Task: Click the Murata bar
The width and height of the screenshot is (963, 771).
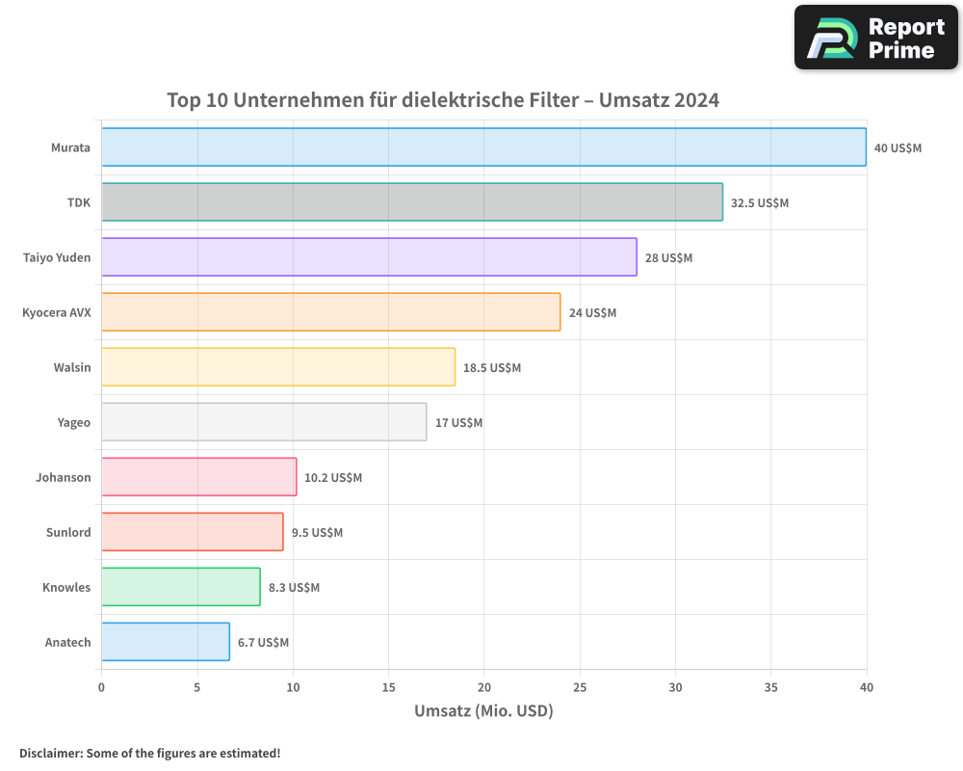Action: point(483,147)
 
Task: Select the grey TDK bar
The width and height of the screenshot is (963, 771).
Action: point(412,202)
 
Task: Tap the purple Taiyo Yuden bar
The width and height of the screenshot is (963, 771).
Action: point(369,257)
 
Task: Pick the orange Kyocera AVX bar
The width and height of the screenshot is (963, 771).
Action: point(330,312)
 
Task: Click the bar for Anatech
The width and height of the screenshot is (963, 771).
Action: point(166,642)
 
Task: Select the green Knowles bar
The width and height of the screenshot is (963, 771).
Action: point(181,587)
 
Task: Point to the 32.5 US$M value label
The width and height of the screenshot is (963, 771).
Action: point(759,203)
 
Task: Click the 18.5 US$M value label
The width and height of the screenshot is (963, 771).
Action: point(491,368)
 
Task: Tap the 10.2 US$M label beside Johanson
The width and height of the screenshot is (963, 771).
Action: point(333,478)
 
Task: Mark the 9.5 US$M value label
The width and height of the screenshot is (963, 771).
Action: point(317,533)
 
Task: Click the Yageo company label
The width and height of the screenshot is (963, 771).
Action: point(74,422)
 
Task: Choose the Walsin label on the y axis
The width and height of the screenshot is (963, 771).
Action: point(72,367)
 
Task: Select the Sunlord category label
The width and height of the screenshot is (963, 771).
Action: point(68,532)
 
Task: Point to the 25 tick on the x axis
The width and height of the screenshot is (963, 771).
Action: point(580,687)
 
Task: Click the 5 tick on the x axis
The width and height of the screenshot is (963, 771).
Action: point(196,687)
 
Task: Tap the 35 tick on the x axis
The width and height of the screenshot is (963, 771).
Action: point(771,687)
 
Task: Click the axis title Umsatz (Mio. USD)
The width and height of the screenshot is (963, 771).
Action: point(483,711)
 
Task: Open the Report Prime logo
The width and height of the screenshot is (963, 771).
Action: point(876,38)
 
